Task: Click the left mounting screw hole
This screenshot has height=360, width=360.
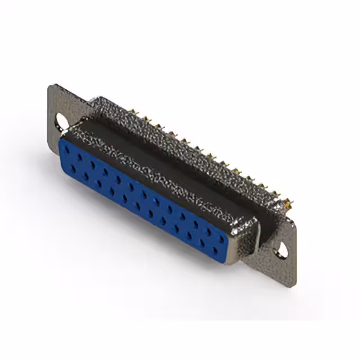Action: click(x=60, y=120)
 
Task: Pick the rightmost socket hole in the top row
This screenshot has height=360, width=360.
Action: click(x=223, y=234)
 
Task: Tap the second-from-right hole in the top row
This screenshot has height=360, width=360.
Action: click(x=210, y=227)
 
